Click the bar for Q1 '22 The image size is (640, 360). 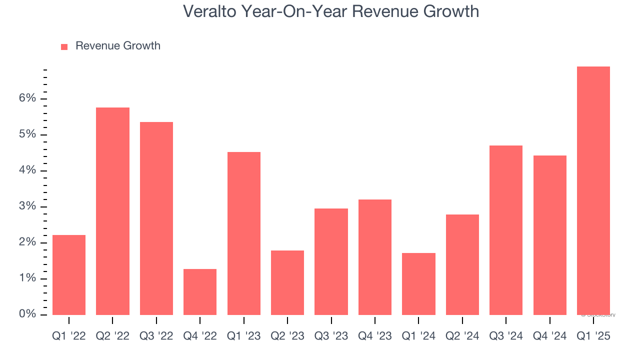(68, 275)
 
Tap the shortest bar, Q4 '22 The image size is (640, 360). (200, 292)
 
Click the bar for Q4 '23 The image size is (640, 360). (375, 257)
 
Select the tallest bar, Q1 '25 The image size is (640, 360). (593, 190)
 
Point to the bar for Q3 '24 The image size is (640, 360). (506, 230)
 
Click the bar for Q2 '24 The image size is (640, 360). (462, 264)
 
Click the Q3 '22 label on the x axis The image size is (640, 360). (156, 336)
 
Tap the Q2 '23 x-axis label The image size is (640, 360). (287, 336)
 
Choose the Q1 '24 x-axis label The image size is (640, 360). (418, 336)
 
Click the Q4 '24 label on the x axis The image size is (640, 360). (549, 336)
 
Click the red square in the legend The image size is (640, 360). (64, 46)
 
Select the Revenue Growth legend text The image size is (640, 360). (118, 46)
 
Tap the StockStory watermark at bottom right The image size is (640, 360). (598, 315)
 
